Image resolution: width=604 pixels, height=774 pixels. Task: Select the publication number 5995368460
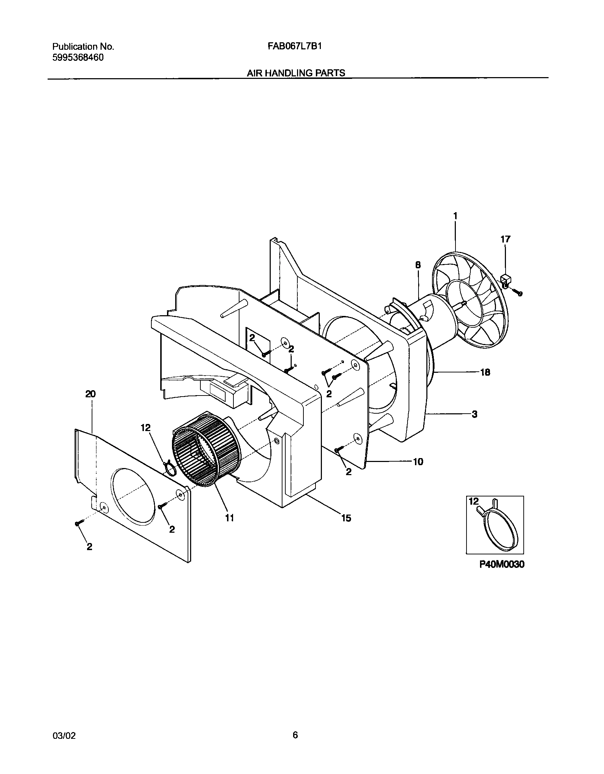pos(78,58)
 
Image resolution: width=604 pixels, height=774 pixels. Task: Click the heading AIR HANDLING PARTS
pos(296,73)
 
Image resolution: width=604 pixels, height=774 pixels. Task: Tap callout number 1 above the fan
pos(455,216)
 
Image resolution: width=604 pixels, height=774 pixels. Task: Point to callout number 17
pos(505,239)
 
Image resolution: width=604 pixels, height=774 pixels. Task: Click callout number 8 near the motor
pos(418,265)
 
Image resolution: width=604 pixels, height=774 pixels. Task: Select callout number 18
pos(485,372)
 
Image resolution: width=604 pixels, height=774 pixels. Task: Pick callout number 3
pos(474,414)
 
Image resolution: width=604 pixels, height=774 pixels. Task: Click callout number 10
pos(418,462)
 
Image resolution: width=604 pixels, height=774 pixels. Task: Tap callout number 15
pos(346,518)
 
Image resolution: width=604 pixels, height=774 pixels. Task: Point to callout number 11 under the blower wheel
pos(230,518)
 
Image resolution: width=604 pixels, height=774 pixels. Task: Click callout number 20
pos(91,394)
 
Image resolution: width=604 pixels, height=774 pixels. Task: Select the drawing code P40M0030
pos(502,564)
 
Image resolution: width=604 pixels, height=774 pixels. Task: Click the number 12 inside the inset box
pos(474,501)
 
